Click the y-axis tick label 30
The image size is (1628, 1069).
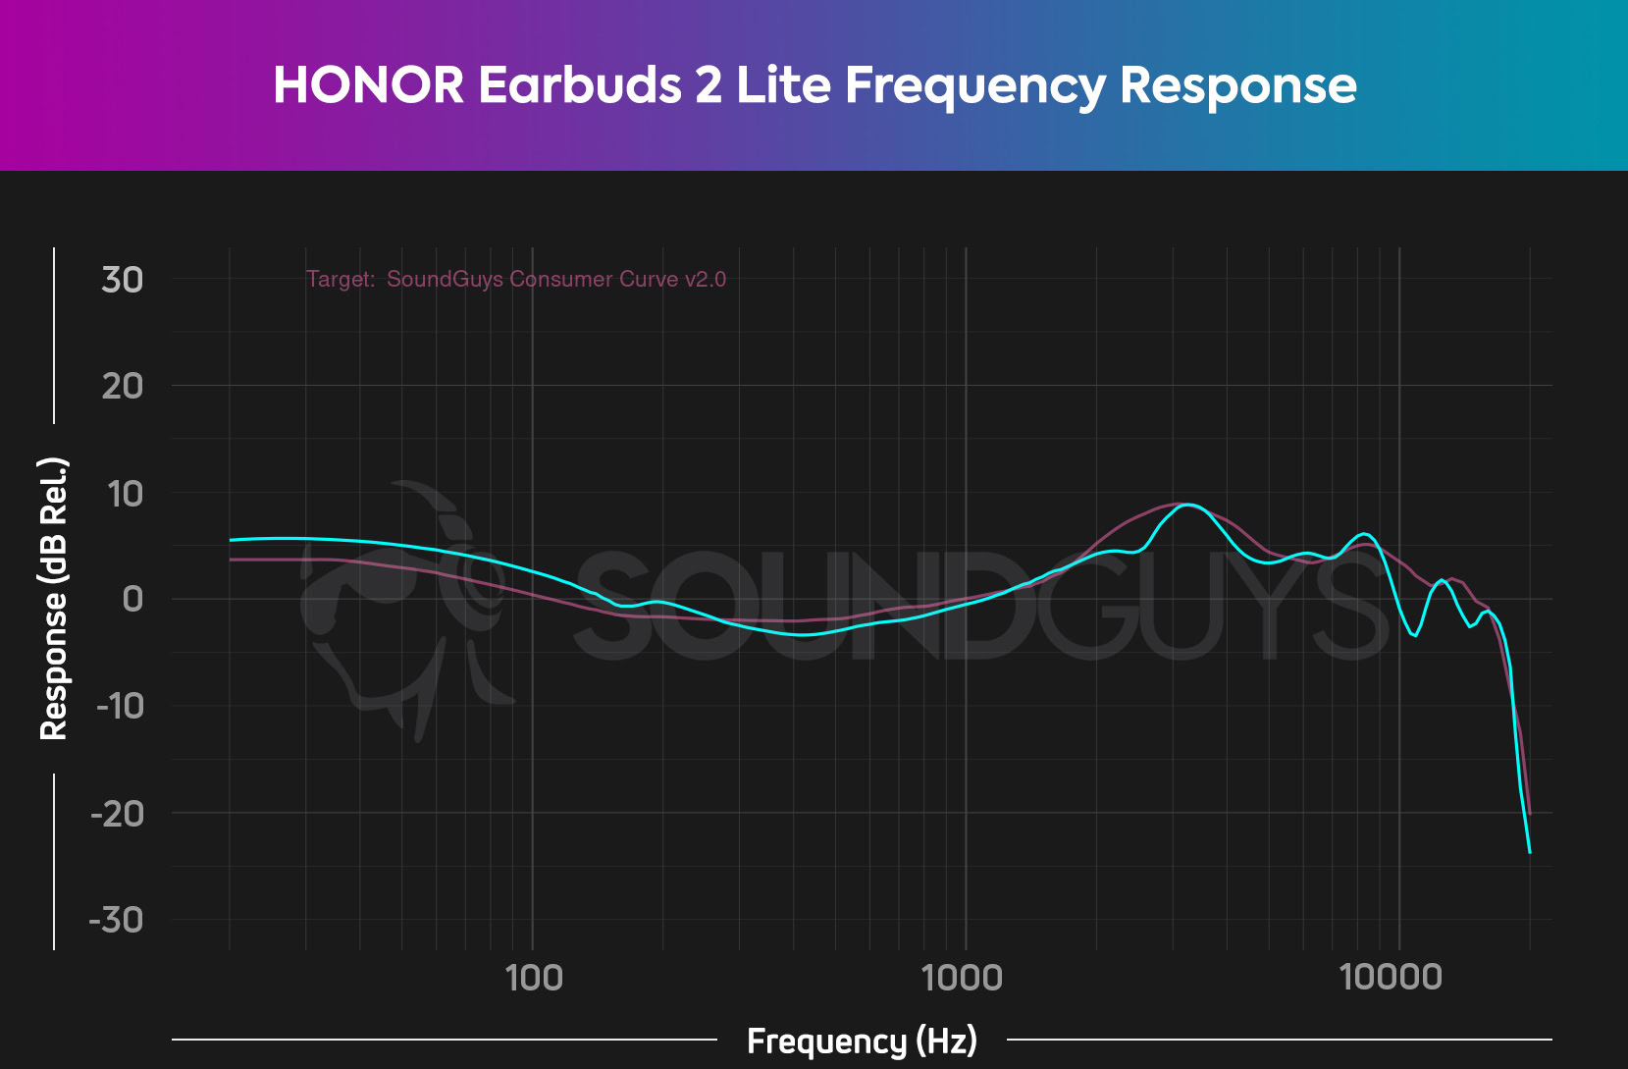pyautogui.click(x=123, y=280)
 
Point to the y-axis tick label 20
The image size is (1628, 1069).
pyautogui.click(x=123, y=386)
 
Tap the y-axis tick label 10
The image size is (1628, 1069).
pyautogui.click(x=126, y=494)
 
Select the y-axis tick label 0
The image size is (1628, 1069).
pyautogui.click(x=132, y=599)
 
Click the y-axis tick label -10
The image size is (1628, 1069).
pyautogui.click(x=120, y=706)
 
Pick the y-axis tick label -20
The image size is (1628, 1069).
pyautogui.click(x=117, y=813)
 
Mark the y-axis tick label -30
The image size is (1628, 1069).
pyautogui.click(x=117, y=920)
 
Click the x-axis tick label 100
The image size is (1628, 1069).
pyautogui.click(x=534, y=978)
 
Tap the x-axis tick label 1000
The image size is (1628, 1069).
pyautogui.click(x=963, y=978)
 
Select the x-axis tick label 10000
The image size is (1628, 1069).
pyautogui.click(x=1392, y=978)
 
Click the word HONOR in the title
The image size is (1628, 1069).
pyautogui.click(x=368, y=85)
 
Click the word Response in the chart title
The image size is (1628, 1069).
pyautogui.click(x=1237, y=85)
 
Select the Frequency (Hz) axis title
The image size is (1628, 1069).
pyautogui.click(x=862, y=1041)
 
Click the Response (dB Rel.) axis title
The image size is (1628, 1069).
pyautogui.click(x=53, y=599)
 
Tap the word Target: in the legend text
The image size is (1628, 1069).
pyautogui.click(x=341, y=280)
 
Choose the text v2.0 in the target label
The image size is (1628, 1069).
pyautogui.click(x=706, y=280)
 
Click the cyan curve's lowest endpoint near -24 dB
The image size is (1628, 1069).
pyautogui.click(x=1529, y=851)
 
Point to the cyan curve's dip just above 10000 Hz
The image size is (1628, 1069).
pyautogui.click(x=1415, y=635)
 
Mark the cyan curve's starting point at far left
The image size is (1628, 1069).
pyautogui.click(x=231, y=540)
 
